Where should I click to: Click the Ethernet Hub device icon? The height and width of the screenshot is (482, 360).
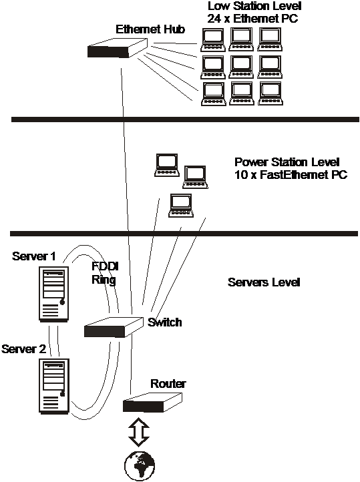click(x=118, y=48)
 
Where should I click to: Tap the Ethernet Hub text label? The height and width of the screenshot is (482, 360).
click(x=150, y=29)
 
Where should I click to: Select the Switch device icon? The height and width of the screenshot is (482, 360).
click(x=114, y=327)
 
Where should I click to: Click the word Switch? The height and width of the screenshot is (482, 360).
click(x=164, y=322)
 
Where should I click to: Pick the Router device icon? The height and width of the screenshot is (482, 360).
click(x=152, y=403)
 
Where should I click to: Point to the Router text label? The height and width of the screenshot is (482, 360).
click(x=168, y=384)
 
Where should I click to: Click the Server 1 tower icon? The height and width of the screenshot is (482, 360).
click(x=54, y=294)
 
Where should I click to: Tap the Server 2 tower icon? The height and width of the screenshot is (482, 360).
click(x=54, y=386)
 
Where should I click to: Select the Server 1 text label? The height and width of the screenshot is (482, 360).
click(x=34, y=256)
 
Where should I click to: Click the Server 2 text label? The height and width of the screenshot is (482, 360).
click(x=23, y=349)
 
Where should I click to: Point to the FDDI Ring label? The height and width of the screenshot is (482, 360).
click(x=105, y=272)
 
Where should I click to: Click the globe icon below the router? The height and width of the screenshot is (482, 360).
click(x=140, y=466)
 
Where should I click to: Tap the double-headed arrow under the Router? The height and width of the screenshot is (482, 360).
click(x=139, y=431)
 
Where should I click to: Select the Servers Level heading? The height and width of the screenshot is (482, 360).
click(x=264, y=282)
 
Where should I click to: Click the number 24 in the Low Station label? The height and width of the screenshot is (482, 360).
click(x=214, y=19)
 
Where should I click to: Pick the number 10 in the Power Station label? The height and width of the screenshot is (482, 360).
click(x=241, y=175)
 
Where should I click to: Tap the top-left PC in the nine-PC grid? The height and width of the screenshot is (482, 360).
click(x=213, y=39)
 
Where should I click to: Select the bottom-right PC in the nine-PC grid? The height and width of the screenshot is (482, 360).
click(x=270, y=93)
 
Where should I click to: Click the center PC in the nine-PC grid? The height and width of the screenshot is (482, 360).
click(x=241, y=67)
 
